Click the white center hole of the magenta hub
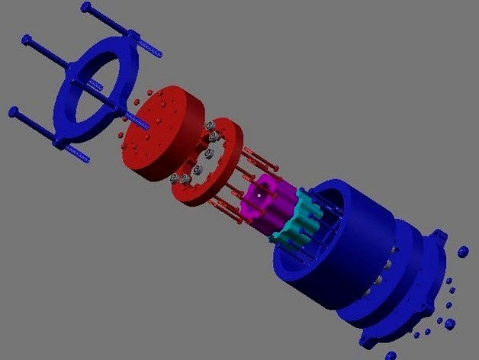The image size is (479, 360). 259,195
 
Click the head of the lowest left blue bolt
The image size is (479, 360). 13,112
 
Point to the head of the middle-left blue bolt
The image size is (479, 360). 28,39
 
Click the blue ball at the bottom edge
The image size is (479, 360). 391,355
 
